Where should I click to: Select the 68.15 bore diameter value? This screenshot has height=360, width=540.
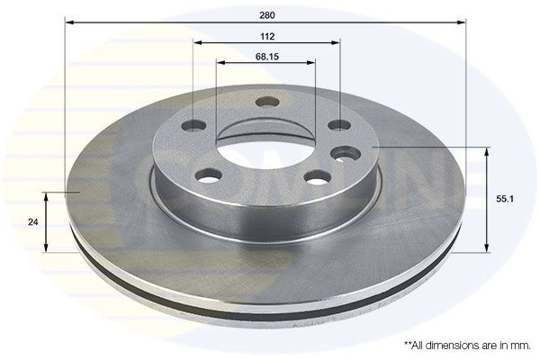265,56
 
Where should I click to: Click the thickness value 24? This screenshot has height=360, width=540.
32,222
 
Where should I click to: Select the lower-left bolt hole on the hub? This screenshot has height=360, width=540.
207,175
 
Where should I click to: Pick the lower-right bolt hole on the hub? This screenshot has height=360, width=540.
316,177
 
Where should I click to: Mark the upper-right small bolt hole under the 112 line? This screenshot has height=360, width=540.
339,124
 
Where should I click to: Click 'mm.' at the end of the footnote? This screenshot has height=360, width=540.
519,345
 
